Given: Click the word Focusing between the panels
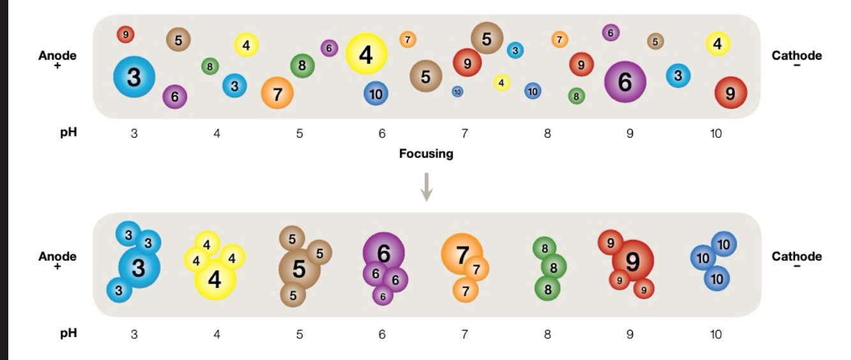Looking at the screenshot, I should pyautogui.click(x=426, y=154).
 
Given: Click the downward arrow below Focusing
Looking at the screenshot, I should pyautogui.click(x=427, y=187).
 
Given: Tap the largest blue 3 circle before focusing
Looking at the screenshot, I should pyautogui.click(x=134, y=77).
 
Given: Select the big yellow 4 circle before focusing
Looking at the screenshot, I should pyautogui.click(x=366, y=55).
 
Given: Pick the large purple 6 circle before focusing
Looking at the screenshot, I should pyautogui.click(x=625, y=82).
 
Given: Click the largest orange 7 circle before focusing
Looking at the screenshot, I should pyautogui.click(x=277, y=93).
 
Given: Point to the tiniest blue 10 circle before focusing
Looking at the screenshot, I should pyautogui.click(x=457, y=92).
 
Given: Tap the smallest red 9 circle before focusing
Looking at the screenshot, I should pyautogui.click(x=126, y=35).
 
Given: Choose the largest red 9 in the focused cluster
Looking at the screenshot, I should pyautogui.click(x=632, y=261).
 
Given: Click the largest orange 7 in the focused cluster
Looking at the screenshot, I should pyautogui.click(x=462, y=253).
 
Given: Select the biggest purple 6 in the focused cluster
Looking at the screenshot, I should pyautogui.click(x=383, y=253).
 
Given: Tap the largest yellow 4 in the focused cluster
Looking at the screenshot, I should pyautogui.click(x=214, y=280).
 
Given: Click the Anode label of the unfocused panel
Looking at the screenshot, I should pyautogui.click(x=57, y=56).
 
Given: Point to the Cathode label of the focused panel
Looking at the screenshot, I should pyautogui.click(x=796, y=257).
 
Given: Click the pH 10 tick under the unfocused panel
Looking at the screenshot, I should pyautogui.click(x=716, y=134).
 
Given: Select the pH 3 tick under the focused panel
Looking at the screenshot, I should pyautogui.click(x=134, y=334).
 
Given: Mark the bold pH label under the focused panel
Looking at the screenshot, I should pyautogui.click(x=69, y=334).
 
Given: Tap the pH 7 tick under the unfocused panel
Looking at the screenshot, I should pyautogui.click(x=464, y=134).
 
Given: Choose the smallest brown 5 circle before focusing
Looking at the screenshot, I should pyautogui.click(x=655, y=41).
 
